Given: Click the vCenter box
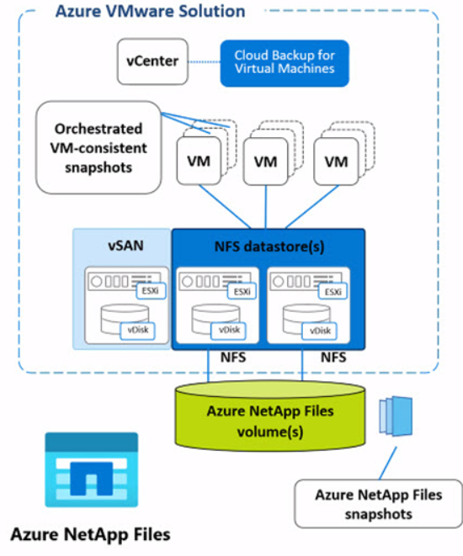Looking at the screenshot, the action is point(152,61).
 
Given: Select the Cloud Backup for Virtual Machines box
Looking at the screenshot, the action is point(285,63).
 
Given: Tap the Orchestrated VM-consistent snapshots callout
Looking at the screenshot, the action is point(98,147).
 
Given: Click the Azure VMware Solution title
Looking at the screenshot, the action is point(151,11).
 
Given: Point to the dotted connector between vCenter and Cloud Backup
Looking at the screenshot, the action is point(204,61).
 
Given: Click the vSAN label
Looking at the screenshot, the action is point(125,246).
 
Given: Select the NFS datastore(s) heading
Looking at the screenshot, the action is point(269,246).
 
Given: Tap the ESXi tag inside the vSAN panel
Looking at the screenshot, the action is point(151,291).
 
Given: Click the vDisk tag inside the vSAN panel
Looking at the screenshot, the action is point(138,330).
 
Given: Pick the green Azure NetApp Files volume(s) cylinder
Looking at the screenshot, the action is point(270,416).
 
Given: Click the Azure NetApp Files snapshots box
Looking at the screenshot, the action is point(379,504).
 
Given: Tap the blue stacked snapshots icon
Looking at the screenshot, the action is point(396,416).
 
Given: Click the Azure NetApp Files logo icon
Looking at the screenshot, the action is point(92,469).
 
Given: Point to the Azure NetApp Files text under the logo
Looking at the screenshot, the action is point(90,534).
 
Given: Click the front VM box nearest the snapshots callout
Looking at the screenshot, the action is point(199,162).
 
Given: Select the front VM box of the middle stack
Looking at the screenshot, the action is point(265,162).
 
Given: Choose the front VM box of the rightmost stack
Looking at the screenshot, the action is point(336,162).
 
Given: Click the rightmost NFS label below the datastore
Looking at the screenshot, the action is point(333,357).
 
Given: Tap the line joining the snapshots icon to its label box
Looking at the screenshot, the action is point(388,463).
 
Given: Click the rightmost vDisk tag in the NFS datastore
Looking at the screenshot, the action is point(320,331).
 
